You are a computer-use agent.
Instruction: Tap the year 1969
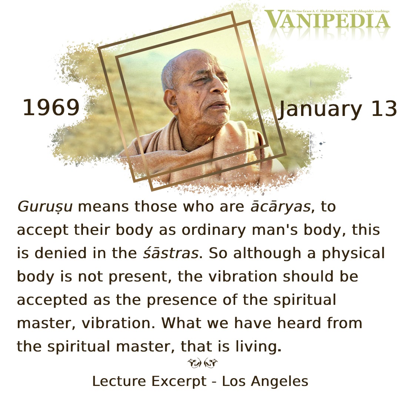[51, 108]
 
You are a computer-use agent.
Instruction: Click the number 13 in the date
[384, 109]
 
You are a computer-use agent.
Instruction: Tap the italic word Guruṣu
[45, 207]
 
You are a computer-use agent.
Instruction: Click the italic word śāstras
[170, 253]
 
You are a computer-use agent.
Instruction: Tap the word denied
[60, 253]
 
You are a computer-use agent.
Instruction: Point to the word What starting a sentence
[181, 323]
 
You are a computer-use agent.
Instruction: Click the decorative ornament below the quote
[203, 363]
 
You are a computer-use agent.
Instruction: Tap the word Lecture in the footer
[119, 381]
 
